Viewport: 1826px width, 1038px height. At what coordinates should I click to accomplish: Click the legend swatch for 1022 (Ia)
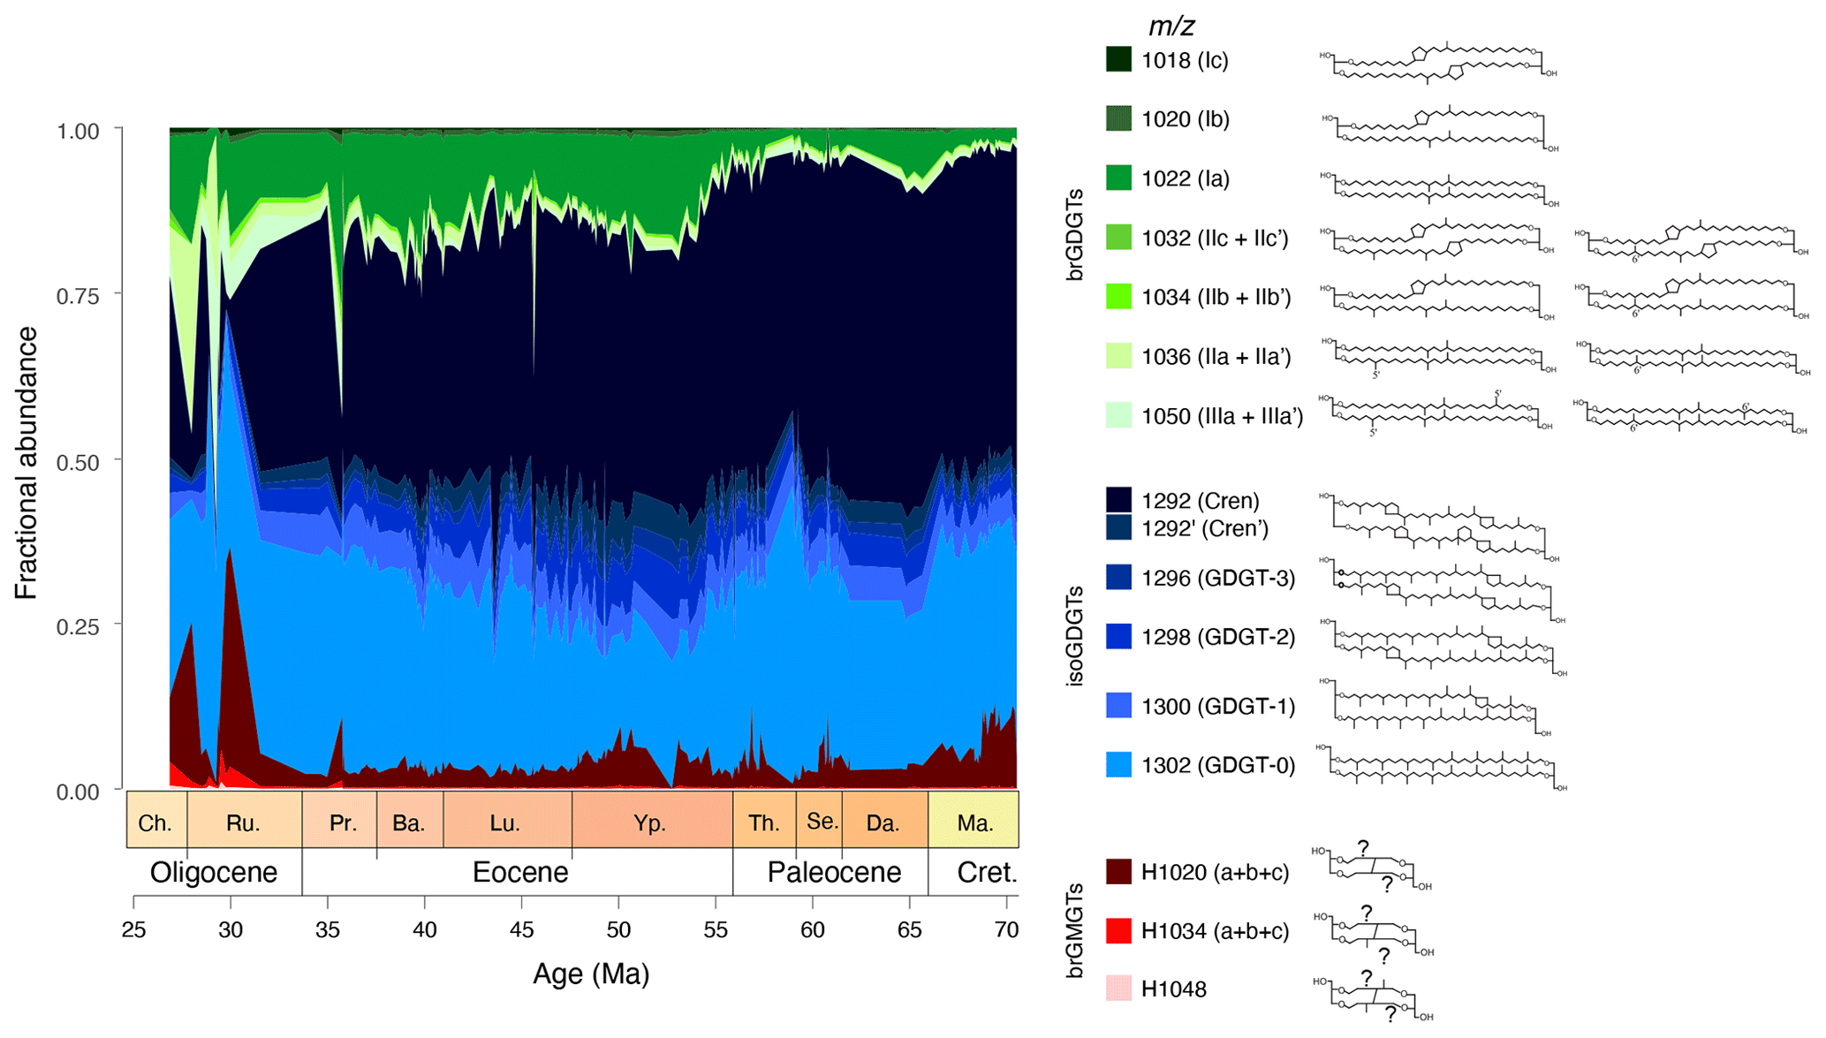(1118, 178)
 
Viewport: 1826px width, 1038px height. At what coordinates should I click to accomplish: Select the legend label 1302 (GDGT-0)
(1218, 765)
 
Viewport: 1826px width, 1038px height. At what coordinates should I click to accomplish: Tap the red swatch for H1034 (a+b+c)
(1118, 931)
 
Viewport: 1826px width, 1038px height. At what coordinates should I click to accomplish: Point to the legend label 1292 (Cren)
(1200, 501)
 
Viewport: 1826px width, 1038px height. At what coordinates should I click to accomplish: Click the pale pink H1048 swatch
(1118, 989)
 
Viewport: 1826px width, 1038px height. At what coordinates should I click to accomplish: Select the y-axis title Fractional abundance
(27, 463)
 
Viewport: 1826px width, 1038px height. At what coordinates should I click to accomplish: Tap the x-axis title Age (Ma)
(591, 974)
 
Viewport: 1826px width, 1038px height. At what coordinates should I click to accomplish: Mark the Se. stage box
(820, 820)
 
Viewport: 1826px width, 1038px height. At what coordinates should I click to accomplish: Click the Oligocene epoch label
(214, 872)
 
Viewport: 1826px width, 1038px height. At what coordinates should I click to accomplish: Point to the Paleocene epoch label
(834, 872)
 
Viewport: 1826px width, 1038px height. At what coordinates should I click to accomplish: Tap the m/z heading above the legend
(1171, 27)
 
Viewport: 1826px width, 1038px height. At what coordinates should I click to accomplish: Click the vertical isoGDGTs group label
(1075, 636)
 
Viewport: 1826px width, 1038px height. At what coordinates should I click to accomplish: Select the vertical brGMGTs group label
(1075, 930)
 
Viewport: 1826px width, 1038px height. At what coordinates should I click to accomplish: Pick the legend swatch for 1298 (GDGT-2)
(1118, 637)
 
